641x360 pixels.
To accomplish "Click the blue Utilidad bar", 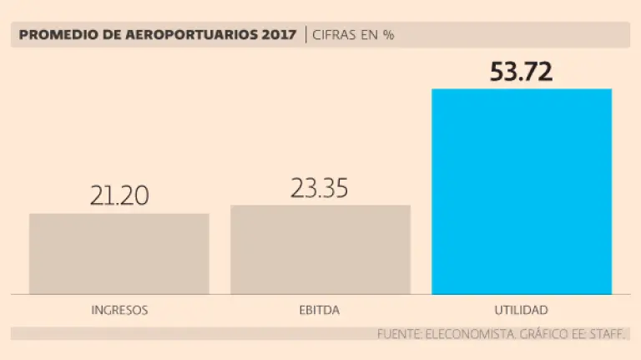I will click(522, 191).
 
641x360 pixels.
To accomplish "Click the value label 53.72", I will click(522, 72).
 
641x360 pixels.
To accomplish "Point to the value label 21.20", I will click(119, 195).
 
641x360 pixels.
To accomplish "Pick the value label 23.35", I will click(320, 188).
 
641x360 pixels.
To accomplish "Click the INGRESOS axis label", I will click(119, 310).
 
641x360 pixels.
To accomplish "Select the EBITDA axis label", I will click(320, 310).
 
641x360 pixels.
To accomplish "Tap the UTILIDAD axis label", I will click(521, 310).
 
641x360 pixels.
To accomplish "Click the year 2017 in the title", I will click(278, 35).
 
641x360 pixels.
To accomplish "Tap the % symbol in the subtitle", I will click(388, 35).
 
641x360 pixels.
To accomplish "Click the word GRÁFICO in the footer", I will click(543, 334).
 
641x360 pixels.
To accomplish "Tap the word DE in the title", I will click(101, 35).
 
